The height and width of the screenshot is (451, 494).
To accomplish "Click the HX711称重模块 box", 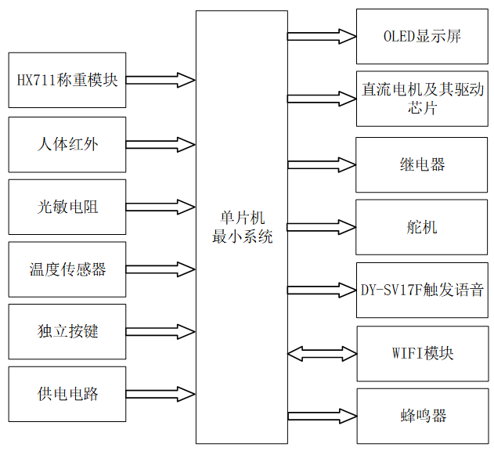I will click(67, 80).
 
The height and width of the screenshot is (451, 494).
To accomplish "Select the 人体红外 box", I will click(67, 144).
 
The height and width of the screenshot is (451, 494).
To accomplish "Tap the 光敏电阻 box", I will click(67, 207).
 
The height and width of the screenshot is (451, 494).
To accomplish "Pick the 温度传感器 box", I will click(67, 269).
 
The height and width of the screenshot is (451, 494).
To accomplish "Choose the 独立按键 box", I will click(67, 331).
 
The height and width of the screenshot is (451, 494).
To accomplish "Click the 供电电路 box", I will click(67, 394).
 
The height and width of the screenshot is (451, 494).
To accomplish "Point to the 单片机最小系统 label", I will click(242, 227).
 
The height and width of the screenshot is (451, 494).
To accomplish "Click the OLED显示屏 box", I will click(422, 37).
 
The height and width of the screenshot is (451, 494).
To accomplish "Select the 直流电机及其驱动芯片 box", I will click(422, 99).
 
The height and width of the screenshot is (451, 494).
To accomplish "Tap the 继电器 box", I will click(422, 164).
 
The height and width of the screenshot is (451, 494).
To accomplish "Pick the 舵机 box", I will click(422, 227).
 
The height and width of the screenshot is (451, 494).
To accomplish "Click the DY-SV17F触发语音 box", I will click(422, 290).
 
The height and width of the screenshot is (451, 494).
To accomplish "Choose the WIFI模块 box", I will click(422, 353).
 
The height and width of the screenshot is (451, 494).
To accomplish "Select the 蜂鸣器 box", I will click(422, 415).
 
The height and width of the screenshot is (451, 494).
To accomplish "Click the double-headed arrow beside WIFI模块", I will click(322, 354).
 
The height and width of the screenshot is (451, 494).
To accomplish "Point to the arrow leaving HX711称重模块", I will click(160, 80).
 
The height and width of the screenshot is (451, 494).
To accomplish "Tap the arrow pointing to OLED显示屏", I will click(322, 36).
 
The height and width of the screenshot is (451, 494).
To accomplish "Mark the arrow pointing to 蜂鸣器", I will click(322, 415).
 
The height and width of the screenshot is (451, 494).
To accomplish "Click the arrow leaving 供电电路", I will click(160, 394).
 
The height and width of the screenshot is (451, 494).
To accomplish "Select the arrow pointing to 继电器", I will click(322, 164).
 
